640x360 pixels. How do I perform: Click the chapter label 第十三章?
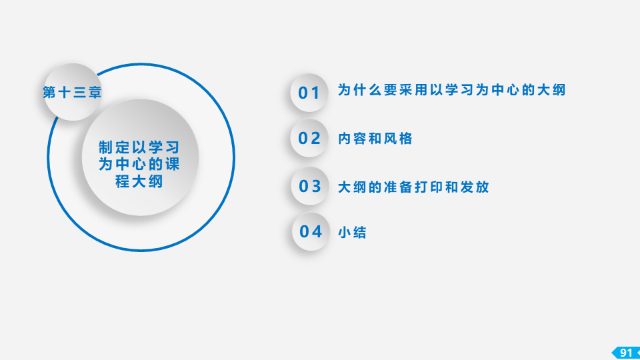point(72,92)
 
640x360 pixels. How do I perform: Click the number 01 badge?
point(309,93)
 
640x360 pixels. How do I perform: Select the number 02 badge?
point(309,139)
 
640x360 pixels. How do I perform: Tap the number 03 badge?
point(310,186)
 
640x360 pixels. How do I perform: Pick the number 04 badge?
point(311,231)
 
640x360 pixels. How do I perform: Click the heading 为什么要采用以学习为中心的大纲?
point(452,90)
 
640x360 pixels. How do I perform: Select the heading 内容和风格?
point(375,139)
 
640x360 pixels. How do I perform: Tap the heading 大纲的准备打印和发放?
point(413,187)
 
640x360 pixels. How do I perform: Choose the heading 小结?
point(352,232)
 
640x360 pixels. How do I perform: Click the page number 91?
point(626,353)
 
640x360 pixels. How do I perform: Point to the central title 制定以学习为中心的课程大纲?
point(139,164)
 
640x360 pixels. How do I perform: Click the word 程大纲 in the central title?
point(139,181)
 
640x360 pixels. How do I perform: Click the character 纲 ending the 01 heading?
point(559,90)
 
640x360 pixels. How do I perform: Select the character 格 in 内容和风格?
point(406,139)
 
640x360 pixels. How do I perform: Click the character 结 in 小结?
point(360,232)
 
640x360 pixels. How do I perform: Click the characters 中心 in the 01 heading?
point(505,90)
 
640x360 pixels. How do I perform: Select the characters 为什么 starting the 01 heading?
point(361,90)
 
